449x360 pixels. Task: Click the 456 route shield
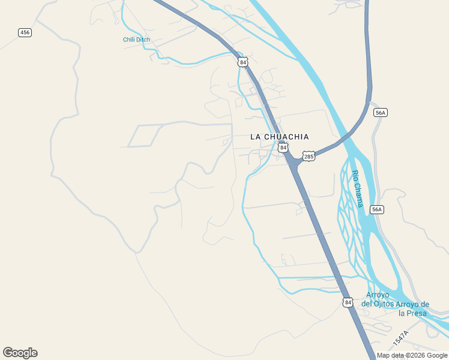25,32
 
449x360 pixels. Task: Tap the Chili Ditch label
136,40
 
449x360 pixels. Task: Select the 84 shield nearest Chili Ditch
243,62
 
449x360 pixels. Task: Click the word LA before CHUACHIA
256,137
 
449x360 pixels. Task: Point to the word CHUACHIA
287,137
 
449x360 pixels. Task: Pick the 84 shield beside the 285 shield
283,148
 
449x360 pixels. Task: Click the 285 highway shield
309,156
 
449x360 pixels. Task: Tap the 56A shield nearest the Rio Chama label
376,209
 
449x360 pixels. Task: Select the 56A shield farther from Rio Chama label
380,113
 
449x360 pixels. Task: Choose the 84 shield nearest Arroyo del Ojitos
348,302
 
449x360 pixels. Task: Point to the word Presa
417,313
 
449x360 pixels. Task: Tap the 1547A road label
401,338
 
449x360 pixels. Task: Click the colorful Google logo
20,353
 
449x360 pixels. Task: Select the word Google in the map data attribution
436,356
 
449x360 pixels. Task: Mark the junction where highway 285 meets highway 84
294,161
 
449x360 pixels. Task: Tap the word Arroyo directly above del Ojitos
378,295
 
